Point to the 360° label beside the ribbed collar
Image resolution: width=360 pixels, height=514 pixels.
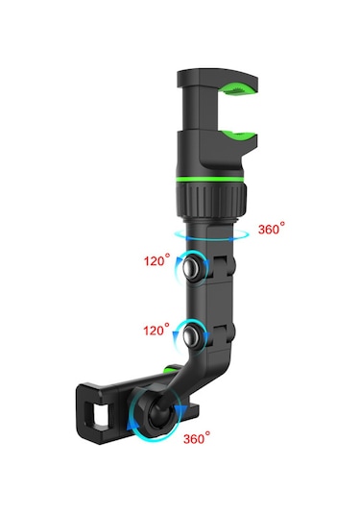[x=273, y=231]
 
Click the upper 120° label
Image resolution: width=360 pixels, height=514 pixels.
[x=156, y=259]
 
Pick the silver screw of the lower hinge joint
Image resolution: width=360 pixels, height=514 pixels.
[x=198, y=336]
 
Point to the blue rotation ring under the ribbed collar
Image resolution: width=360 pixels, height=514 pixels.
[x=210, y=233]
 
